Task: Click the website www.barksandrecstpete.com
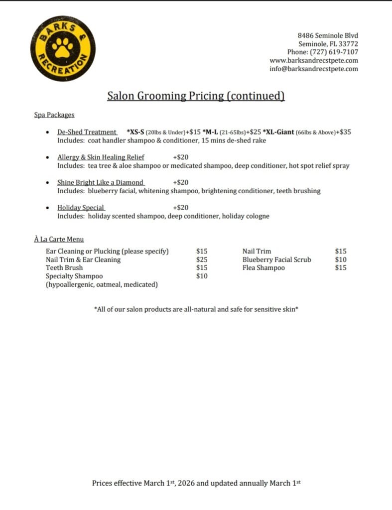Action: click(x=314, y=60)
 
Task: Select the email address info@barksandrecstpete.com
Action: click(x=314, y=69)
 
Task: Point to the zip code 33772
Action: click(x=348, y=43)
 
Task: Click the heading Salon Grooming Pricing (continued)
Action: click(x=196, y=96)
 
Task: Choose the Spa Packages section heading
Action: click(x=54, y=115)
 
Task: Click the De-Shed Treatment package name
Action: click(x=87, y=132)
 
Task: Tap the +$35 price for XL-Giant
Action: click(x=343, y=132)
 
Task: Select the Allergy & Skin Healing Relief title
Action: click(x=101, y=157)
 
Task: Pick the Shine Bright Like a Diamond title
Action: click(x=100, y=182)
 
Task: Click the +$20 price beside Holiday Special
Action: click(x=180, y=207)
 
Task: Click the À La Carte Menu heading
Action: click(x=59, y=239)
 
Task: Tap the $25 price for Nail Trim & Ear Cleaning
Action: click(x=202, y=259)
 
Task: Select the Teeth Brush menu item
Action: click(x=64, y=267)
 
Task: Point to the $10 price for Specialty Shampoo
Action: click(x=202, y=276)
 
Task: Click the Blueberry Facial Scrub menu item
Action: click(x=276, y=259)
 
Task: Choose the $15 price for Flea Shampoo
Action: click(x=341, y=267)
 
